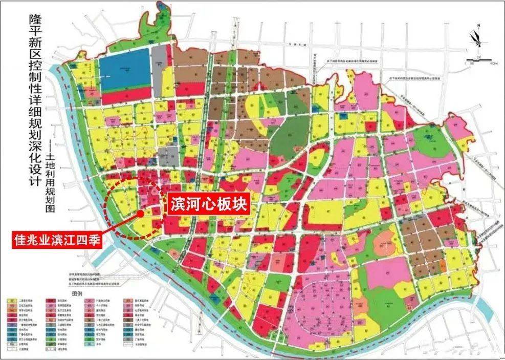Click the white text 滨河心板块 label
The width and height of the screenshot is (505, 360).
(209, 205)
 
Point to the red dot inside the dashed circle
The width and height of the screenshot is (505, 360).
(139, 214)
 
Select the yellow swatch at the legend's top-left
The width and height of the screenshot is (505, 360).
(10, 301)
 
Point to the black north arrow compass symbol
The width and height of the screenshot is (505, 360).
(477, 41)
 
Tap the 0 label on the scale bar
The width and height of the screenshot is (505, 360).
(466, 63)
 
